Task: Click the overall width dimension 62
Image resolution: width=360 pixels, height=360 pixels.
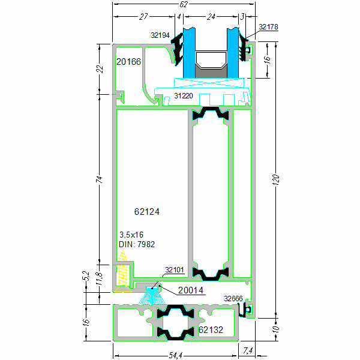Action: pos(184,4)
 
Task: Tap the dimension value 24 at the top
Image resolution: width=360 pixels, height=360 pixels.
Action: pos(211,17)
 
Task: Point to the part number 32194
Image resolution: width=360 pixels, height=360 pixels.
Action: pos(160,35)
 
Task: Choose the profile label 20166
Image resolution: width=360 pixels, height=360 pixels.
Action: pos(129,61)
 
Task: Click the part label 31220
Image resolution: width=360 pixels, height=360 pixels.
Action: pos(184,95)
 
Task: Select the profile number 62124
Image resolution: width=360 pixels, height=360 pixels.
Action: pos(147,212)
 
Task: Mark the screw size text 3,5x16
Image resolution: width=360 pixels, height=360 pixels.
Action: pos(131,235)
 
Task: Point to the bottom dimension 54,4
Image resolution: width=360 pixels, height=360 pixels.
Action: pos(175,355)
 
